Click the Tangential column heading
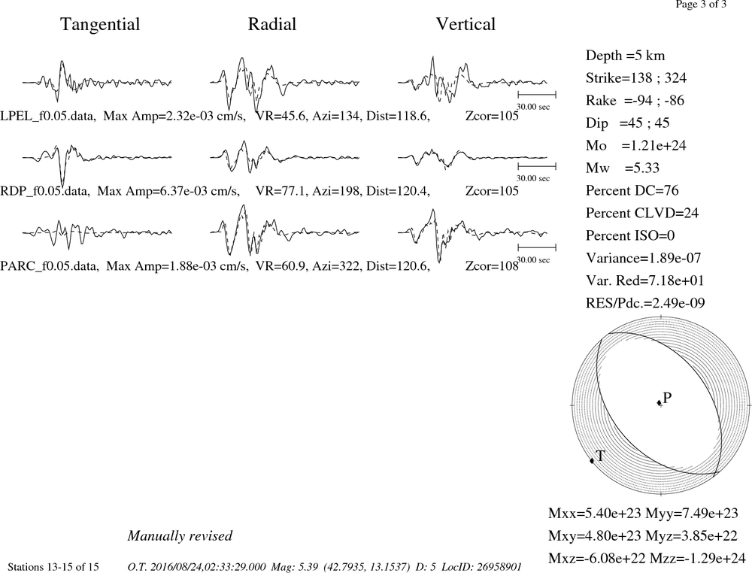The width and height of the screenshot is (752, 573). [x=100, y=25]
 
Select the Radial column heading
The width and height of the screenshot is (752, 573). [x=272, y=25]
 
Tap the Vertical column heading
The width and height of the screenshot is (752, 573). [x=465, y=25]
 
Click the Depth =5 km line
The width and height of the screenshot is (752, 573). [x=626, y=56]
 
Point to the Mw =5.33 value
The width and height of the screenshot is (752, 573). [x=623, y=168]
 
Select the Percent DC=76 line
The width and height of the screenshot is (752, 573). [x=632, y=191]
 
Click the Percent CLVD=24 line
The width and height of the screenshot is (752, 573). [x=642, y=214]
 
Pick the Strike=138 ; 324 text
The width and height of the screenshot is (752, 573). [x=636, y=78]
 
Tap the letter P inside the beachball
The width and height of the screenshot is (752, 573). [x=667, y=398]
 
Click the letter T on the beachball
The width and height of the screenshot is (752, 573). [x=600, y=456]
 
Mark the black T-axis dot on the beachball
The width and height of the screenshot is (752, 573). [x=592, y=460]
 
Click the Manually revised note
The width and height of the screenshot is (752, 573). [x=180, y=535]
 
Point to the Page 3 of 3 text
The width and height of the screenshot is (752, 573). [x=701, y=5]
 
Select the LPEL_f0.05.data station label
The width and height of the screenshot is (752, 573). [x=47, y=116]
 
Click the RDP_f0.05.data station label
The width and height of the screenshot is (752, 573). [x=44, y=191]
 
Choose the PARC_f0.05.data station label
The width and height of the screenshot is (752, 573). [x=49, y=266]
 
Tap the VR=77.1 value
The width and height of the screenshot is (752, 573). [x=281, y=191]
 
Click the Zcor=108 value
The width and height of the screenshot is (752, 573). [x=492, y=266]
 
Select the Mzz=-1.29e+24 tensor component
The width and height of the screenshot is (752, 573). [x=698, y=559]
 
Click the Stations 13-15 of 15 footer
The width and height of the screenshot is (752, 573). [x=53, y=567]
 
